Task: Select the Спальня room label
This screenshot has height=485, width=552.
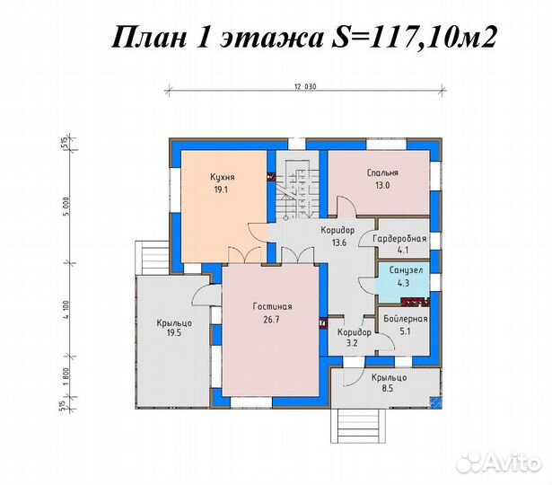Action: pos(382,172)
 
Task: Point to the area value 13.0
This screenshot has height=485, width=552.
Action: pos(382,186)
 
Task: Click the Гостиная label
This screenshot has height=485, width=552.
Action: pos(271,306)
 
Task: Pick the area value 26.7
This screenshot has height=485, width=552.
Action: pos(271,319)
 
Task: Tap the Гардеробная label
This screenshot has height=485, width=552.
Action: pos(400,238)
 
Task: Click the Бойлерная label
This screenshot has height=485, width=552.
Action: pos(405,318)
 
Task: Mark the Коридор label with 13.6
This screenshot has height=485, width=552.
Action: pos(337,230)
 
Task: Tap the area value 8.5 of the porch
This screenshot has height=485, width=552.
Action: pos(389,391)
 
